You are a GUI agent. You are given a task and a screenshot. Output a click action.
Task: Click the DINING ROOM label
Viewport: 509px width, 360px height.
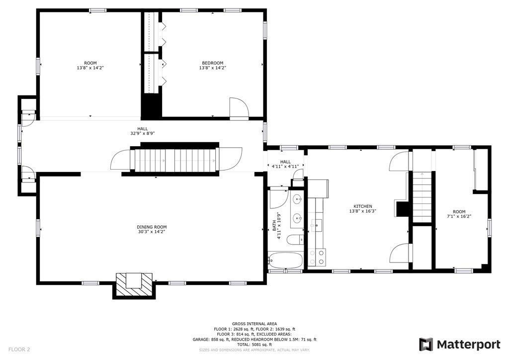pyautogui.click(x=152, y=227)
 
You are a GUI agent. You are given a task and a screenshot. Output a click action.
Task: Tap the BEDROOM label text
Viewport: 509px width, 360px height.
pyautogui.click(x=213, y=63)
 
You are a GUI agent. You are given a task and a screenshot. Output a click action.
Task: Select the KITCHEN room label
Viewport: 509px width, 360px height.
pyautogui.click(x=362, y=206)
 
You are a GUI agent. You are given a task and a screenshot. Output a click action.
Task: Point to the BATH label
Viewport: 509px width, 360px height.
pyautogui.click(x=274, y=226)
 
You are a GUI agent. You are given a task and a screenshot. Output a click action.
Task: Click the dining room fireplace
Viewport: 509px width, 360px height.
pyautogui.click(x=134, y=285)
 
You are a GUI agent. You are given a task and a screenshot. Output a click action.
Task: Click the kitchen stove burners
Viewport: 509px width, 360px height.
pyautogui.click(x=317, y=257)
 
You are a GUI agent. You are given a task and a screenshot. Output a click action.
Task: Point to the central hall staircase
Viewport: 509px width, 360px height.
pyautogui.click(x=175, y=160)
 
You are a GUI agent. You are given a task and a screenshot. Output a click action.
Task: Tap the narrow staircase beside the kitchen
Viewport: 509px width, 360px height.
pyautogui.click(x=422, y=197)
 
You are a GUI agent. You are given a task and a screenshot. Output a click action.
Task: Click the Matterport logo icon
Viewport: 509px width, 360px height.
pyautogui.click(x=426, y=344)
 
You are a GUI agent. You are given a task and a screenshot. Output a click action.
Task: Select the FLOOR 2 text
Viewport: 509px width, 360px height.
pyautogui.click(x=19, y=349)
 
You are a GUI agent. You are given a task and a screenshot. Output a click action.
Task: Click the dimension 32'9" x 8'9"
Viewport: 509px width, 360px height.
pyautogui.click(x=143, y=133)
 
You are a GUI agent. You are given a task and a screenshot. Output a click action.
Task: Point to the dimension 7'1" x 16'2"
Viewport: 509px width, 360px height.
pyautogui.click(x=459, y=216)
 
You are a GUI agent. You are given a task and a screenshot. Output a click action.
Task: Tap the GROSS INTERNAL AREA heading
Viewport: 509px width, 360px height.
pyautogui.click(x=254, y=324)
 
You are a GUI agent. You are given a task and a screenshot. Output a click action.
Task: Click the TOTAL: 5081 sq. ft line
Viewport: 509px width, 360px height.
pyautogui.click(x=254, y=345)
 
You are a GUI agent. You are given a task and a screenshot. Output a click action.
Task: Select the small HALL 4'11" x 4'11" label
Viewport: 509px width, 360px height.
pyautogui.click(x=285, y=164)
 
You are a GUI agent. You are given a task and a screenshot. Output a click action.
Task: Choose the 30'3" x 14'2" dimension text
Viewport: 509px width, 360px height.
pyautogui.click(x=152, y=232)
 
